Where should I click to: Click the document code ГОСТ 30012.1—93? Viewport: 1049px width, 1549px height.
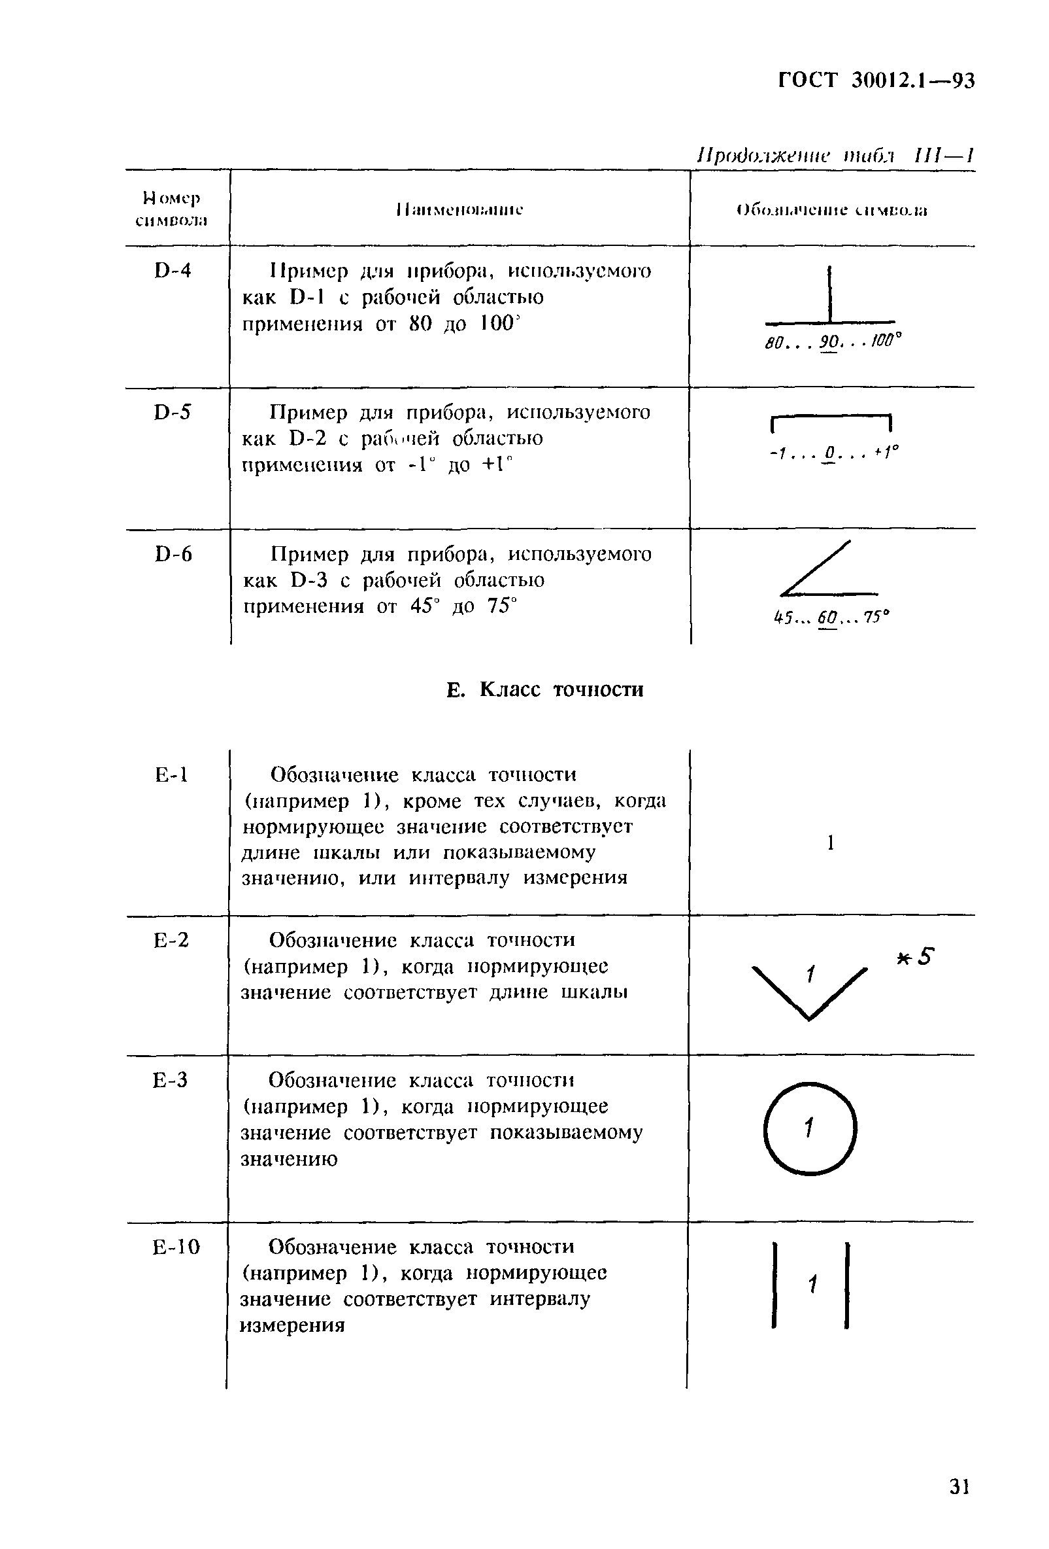point(876,80)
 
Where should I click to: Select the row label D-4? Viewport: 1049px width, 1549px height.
point(173,271)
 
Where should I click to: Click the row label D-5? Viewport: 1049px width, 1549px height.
point(173,413)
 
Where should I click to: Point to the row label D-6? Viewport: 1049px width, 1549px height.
point(173,554)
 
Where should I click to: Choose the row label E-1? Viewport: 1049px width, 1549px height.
point(171,774)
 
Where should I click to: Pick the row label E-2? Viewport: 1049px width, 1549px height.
point(171,940)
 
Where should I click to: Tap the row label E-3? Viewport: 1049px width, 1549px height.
point(171,1080)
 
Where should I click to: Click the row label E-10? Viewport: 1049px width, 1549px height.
point(176,1246)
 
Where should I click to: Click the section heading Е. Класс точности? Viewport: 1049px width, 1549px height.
point(545,689)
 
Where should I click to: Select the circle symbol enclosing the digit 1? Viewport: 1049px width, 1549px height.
point(810,1128)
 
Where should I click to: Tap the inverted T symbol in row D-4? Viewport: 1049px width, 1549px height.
point(830,298)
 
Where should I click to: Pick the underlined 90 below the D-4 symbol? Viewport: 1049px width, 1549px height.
point(829,343)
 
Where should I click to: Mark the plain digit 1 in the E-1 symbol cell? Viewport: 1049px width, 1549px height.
point(831,843)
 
